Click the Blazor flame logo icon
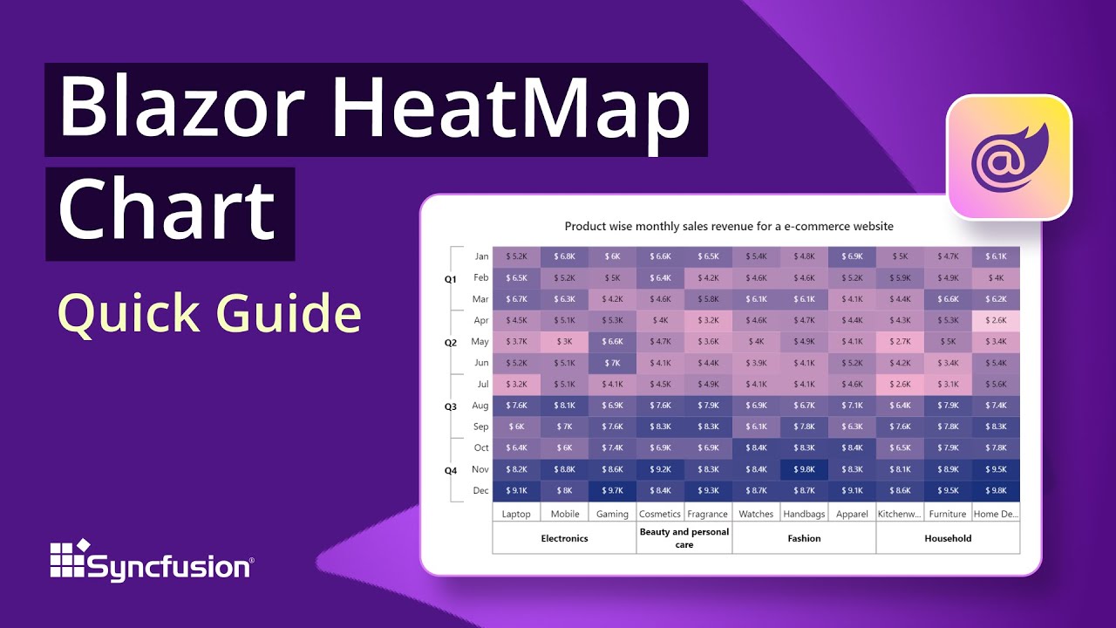click(x=1009, y=157)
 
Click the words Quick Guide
click(x=209, y=314)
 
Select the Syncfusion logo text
click(x=170, y=567)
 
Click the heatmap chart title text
click(x=729, y=226)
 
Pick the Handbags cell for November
click(x=804, y=469)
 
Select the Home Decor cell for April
click(x=996, y=320)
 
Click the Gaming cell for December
click(x=612, y=490)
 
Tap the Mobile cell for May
click(x=564, y=341)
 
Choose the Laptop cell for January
click(x=516, y=256)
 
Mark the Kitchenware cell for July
click(x=900, y=384)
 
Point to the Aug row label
click(x=480, y=406)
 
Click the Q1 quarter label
click(x=451, y=279)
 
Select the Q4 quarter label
click(x=451, y=470)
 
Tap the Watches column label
click(x=756, y=514)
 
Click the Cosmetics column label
click(x=660, y=514)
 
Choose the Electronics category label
click(x=564, y=538)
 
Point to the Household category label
click(x=948, y=538)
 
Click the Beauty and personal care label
click(x=684, y=538)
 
